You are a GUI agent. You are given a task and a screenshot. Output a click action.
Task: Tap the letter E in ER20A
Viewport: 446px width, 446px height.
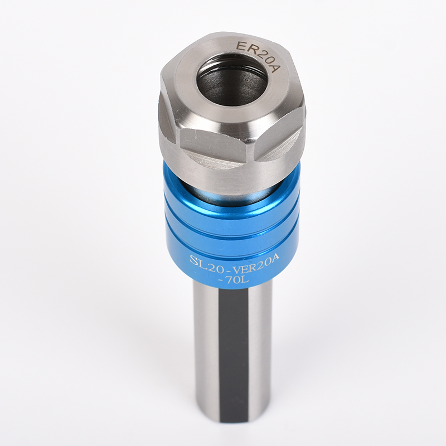pos(241,46)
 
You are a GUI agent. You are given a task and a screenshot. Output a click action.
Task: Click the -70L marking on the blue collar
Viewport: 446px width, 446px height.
pos(233,280)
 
